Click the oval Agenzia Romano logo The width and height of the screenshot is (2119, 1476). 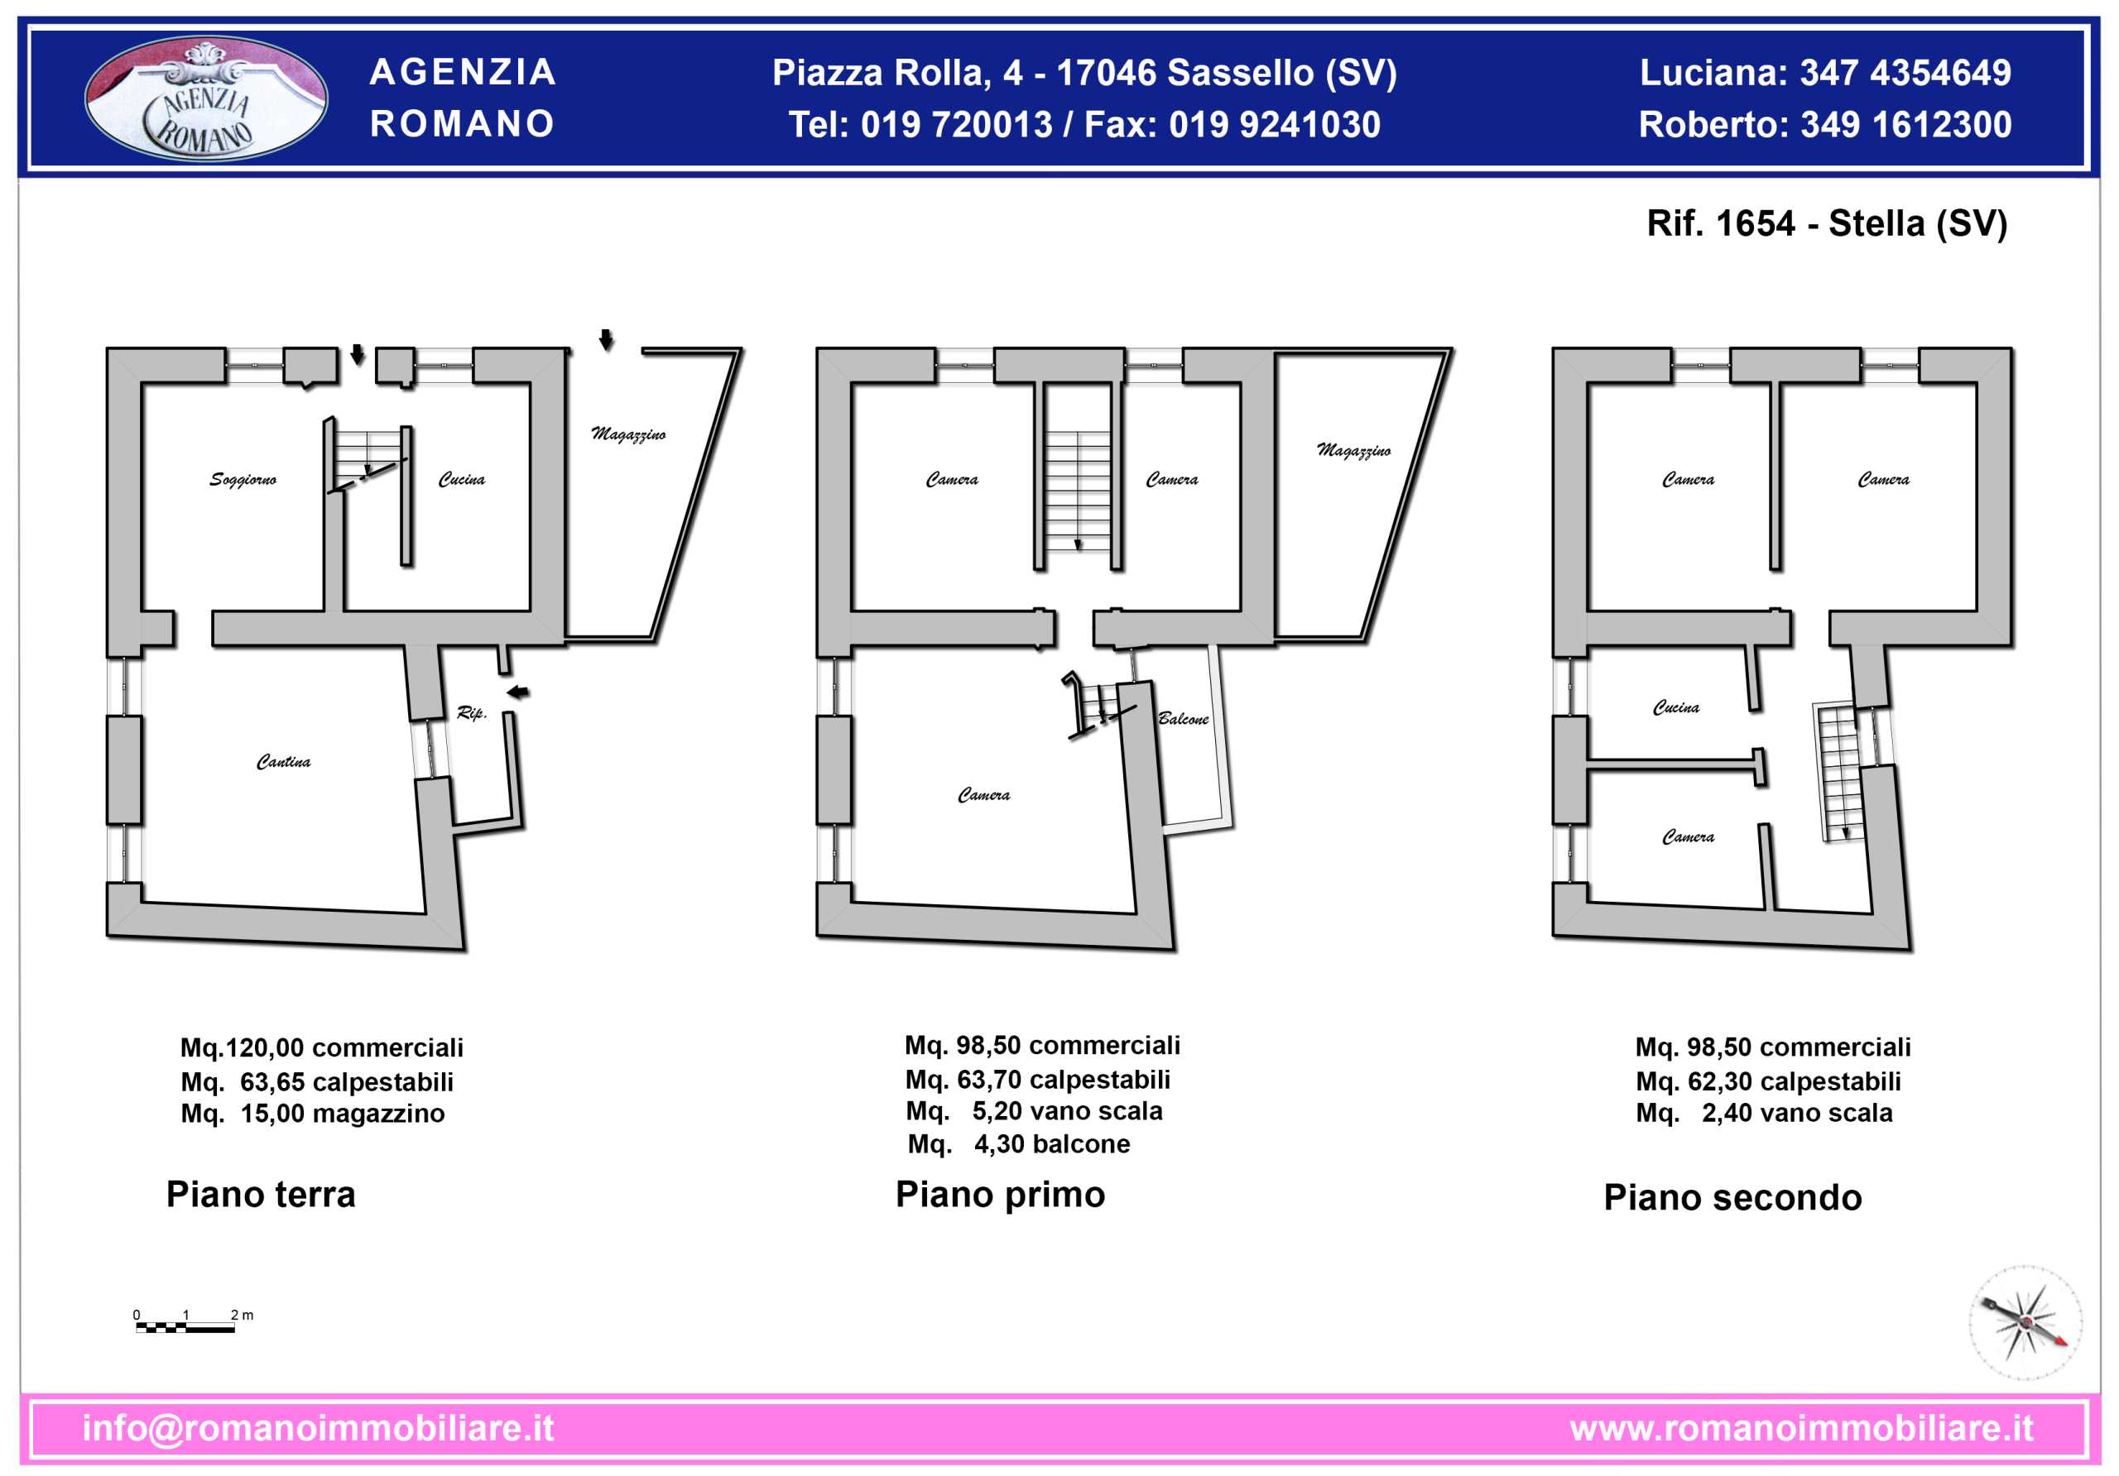pos(206,98)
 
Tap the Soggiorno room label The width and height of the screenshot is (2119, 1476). pos(243,480)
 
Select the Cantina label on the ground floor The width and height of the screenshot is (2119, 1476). pos(283,761)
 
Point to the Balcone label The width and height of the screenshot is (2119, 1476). pos(1183,719)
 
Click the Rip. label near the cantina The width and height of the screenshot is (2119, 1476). pos(472,712)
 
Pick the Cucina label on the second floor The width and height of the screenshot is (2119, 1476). pos(1676,707)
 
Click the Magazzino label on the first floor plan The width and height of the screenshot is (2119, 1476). pos(1353,450)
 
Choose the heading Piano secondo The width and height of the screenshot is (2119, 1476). pos(1732,1197)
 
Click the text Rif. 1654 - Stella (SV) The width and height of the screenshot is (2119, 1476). pos(1827,223)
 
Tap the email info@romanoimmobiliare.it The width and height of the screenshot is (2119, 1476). pos(319,1428)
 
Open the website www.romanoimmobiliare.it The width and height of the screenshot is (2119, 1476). pos(1801,1428)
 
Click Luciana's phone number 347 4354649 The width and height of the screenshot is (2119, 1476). pos(1905,73)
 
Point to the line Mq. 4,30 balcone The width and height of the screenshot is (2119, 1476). pos(1019,1144)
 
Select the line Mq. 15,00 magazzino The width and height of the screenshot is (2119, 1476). pos(313,1114)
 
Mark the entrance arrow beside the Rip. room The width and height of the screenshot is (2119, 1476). pos(518,692)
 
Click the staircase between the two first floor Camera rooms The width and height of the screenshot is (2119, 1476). pos(1077,491)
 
